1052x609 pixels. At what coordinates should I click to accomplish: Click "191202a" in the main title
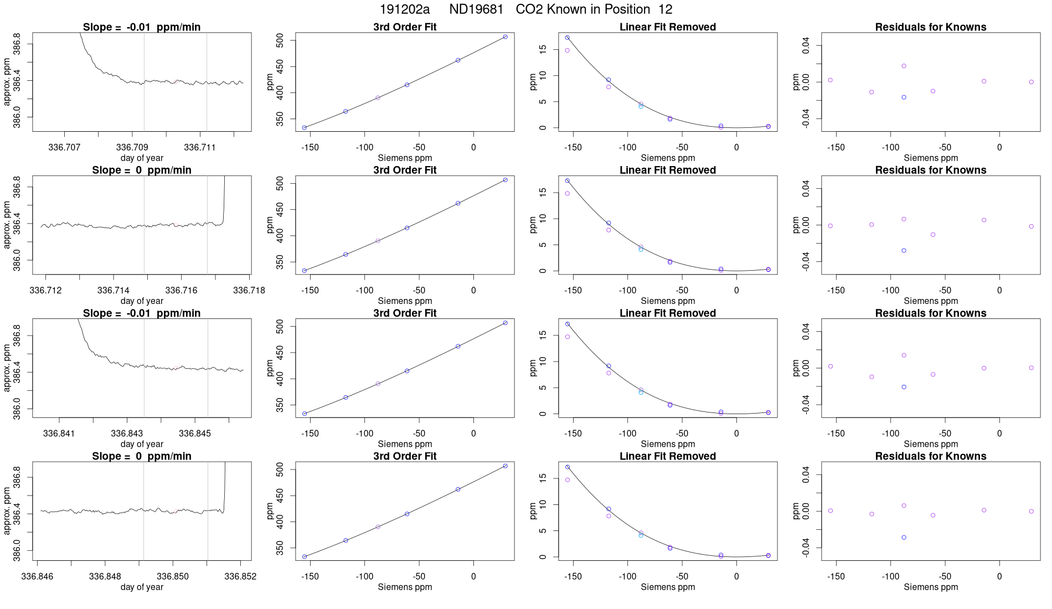pos(404,9)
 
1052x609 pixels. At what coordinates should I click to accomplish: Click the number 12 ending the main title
pos(666,9)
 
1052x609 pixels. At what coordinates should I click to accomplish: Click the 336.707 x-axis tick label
pos(64,147)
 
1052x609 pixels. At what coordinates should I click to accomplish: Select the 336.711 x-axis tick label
pos(200,147)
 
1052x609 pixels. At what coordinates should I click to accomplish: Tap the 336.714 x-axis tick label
pos(114,290)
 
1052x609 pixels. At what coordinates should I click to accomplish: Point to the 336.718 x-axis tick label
pos(249,290)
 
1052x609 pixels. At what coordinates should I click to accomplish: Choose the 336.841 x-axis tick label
pos(59,433)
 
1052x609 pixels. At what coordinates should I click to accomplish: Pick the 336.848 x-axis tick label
pos(105,576)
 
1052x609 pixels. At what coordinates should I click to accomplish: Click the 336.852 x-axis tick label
pos(240,576)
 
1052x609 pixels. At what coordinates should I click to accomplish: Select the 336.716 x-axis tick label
pos(181,290)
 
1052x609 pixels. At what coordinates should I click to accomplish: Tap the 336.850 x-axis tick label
pos(173,576)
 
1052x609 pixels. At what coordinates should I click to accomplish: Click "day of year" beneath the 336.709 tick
pos(142,158)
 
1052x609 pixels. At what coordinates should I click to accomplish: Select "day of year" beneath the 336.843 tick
pos(142,444)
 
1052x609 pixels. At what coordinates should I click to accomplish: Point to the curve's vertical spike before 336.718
pos(224,199)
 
